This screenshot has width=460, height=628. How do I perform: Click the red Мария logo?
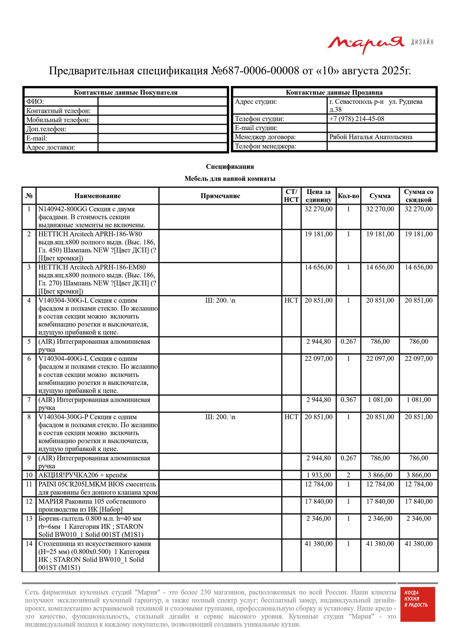(x=366, y=44)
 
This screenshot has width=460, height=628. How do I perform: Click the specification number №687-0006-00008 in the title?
(x=255, y=71)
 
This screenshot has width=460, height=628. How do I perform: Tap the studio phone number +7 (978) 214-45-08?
(x=357, y=119)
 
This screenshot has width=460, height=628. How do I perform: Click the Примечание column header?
(x=220, y=196)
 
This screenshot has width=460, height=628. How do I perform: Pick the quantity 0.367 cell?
(x=348, y=400)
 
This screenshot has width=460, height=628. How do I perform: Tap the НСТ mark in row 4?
(x=291, y=300)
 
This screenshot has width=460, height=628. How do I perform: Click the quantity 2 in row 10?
(x=348, y=475)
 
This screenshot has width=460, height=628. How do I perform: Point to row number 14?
(x=29, y=544)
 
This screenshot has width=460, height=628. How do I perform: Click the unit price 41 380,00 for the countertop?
(x=318, y=544)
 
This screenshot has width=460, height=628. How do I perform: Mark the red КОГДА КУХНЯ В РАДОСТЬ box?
(x=417, y=604)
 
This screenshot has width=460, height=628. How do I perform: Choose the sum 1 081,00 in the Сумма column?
(x=380, y=400)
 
